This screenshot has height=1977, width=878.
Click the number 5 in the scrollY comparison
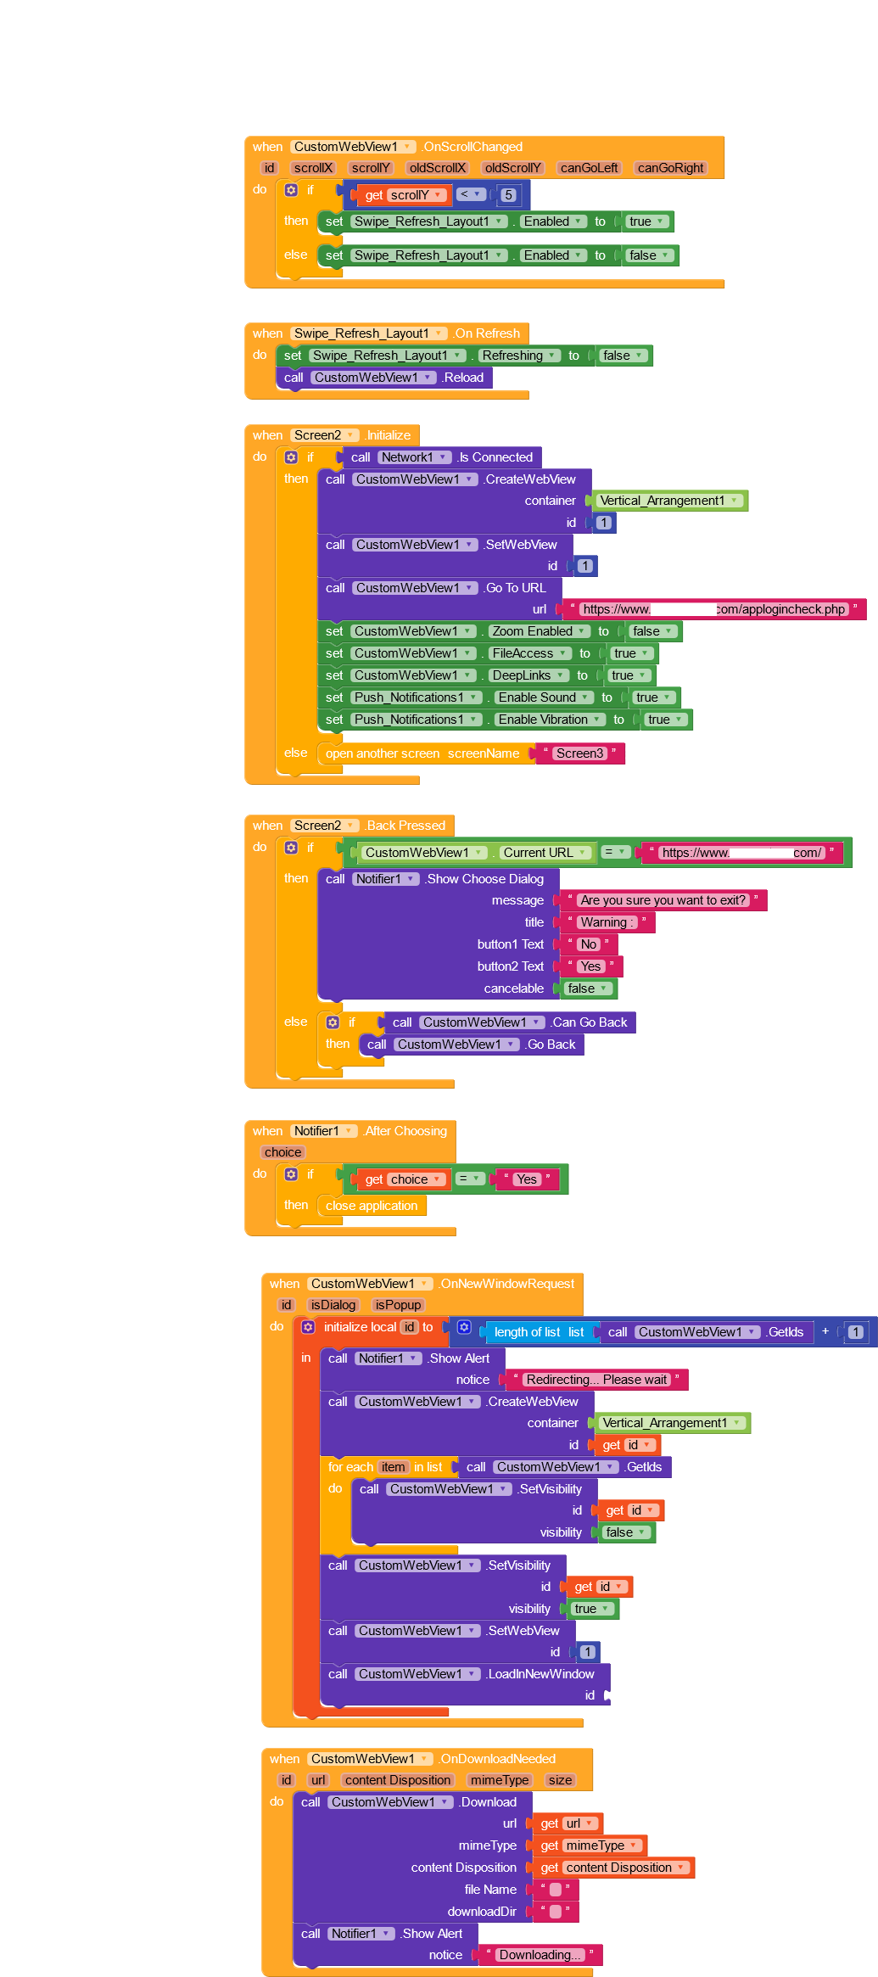point(508,195)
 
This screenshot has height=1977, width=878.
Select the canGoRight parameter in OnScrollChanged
point(670,168)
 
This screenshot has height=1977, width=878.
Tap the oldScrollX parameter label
point(437,168)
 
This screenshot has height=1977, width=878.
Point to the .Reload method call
point(463,378)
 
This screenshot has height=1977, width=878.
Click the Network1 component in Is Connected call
point(414,457)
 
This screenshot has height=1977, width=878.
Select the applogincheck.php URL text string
point(713,609)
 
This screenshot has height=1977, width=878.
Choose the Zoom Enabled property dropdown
point(539,631)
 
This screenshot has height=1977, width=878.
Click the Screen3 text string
point(579,753)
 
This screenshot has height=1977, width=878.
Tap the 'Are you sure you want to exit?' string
point(663,900)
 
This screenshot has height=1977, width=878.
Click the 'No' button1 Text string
point(588,944)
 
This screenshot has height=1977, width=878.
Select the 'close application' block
point(372,1206)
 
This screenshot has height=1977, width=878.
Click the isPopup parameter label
point(398,1305)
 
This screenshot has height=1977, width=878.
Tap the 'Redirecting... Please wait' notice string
point(596,1380)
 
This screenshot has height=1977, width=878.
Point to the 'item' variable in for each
point(393,1467)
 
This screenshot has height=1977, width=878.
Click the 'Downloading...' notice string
point(540,1955)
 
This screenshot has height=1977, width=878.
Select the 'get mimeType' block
point(587,1845)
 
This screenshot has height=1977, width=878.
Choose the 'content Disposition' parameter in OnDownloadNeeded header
point(397,1780)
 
